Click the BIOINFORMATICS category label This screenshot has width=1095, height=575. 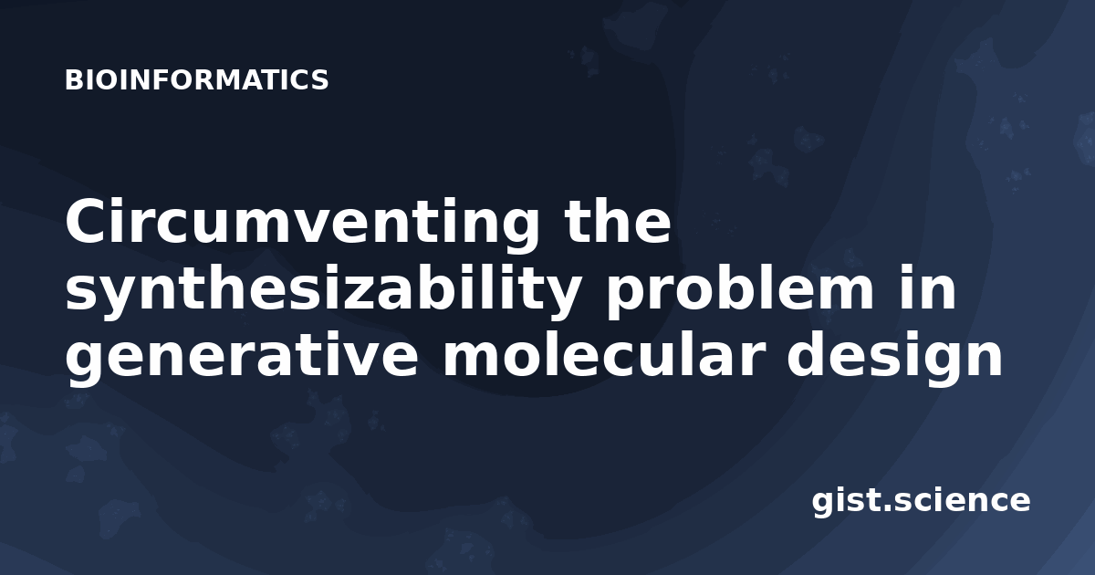click(x=196, y=79)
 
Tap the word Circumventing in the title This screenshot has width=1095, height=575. click(x=302, y=224)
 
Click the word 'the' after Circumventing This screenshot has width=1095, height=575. click(x=617, y=220)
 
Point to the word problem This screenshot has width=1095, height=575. click(x=739, y=291)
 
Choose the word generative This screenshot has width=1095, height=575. click(x=242, y=358)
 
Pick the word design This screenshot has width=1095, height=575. click(x=894, y=358)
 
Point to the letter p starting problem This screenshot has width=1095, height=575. click(x=628, y=298)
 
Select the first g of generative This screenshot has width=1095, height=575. click(x=87, y=365)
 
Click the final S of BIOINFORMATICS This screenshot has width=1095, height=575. click(x=319, y=79)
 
